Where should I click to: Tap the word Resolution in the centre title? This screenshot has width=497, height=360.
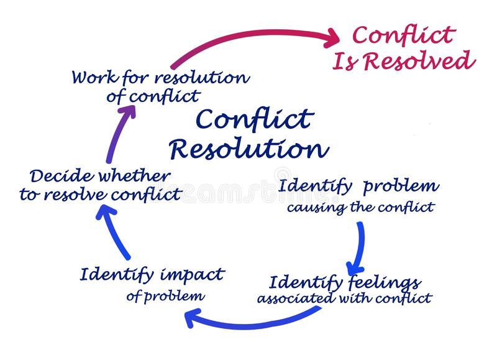pyautogui.click(x=248, y=148)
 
